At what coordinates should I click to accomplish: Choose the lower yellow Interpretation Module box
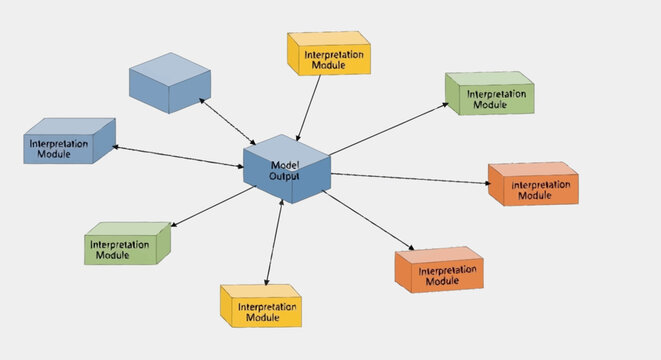[261, 307]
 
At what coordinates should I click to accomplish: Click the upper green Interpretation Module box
[489, 95]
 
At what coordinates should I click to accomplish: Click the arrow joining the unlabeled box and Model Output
[227, 121]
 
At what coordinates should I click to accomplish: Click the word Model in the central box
[285, 164]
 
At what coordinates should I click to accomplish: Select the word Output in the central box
[284, 176]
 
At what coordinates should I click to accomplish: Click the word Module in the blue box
[54, 155]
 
